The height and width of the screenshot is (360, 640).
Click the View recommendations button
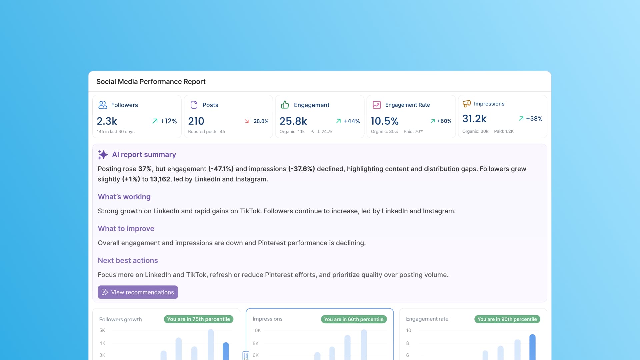[138, 292]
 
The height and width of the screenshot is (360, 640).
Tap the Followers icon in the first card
[102, 105]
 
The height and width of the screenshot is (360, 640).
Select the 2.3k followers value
[107, 121]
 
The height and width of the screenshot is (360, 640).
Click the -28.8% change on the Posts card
[256, 121]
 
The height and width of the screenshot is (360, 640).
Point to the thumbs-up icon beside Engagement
[285, 105]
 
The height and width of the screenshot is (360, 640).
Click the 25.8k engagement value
[293, 121]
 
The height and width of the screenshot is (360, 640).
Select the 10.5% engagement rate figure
[384, 121]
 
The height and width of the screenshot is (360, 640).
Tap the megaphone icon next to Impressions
[466, 104]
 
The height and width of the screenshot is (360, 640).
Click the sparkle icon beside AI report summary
[103, 154]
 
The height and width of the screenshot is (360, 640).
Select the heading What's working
[124, 197]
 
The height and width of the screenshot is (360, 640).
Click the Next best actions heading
[128, 260]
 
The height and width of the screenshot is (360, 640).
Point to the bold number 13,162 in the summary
[160, 179]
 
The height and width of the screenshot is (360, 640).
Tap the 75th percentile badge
[198, 319]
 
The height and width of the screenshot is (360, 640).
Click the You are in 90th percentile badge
[507, 319]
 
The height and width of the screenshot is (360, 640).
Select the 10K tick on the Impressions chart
[257, 330]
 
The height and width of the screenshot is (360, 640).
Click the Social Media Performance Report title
[151, 82]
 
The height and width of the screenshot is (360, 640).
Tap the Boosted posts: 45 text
[206, 132]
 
